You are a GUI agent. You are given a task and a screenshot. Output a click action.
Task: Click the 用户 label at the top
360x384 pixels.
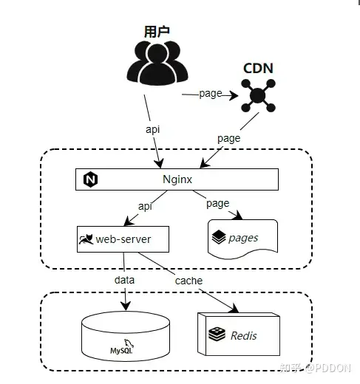point(157,32)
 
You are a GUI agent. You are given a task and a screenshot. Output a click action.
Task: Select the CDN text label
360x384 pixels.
point(258,69)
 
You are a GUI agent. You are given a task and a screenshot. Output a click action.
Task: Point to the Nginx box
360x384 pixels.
point(177,179)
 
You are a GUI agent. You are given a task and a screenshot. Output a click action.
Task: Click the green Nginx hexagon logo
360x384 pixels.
point(90,179)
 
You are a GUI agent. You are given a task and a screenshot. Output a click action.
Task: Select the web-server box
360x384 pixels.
point(123,239)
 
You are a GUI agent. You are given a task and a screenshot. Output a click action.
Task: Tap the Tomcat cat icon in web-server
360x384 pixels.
point(86,239)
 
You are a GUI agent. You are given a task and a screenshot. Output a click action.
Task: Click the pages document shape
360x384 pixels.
point(243,238)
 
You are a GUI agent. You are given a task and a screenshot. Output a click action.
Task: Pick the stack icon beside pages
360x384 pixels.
point(218,238)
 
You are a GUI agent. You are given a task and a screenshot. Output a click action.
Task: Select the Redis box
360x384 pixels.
point(239,335)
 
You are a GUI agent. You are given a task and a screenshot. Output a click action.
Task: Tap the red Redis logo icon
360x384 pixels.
point(216,335)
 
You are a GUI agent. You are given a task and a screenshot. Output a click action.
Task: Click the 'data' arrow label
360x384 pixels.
point(125,281)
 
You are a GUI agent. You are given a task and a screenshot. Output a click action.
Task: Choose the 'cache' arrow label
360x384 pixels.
point(189,281)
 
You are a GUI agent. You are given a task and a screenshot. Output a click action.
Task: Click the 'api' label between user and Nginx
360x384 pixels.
point(152,128)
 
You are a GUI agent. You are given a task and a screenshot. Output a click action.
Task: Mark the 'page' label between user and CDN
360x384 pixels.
point(211,94)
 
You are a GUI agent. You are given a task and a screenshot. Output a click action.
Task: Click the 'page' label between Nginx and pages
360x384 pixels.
point(218,203)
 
